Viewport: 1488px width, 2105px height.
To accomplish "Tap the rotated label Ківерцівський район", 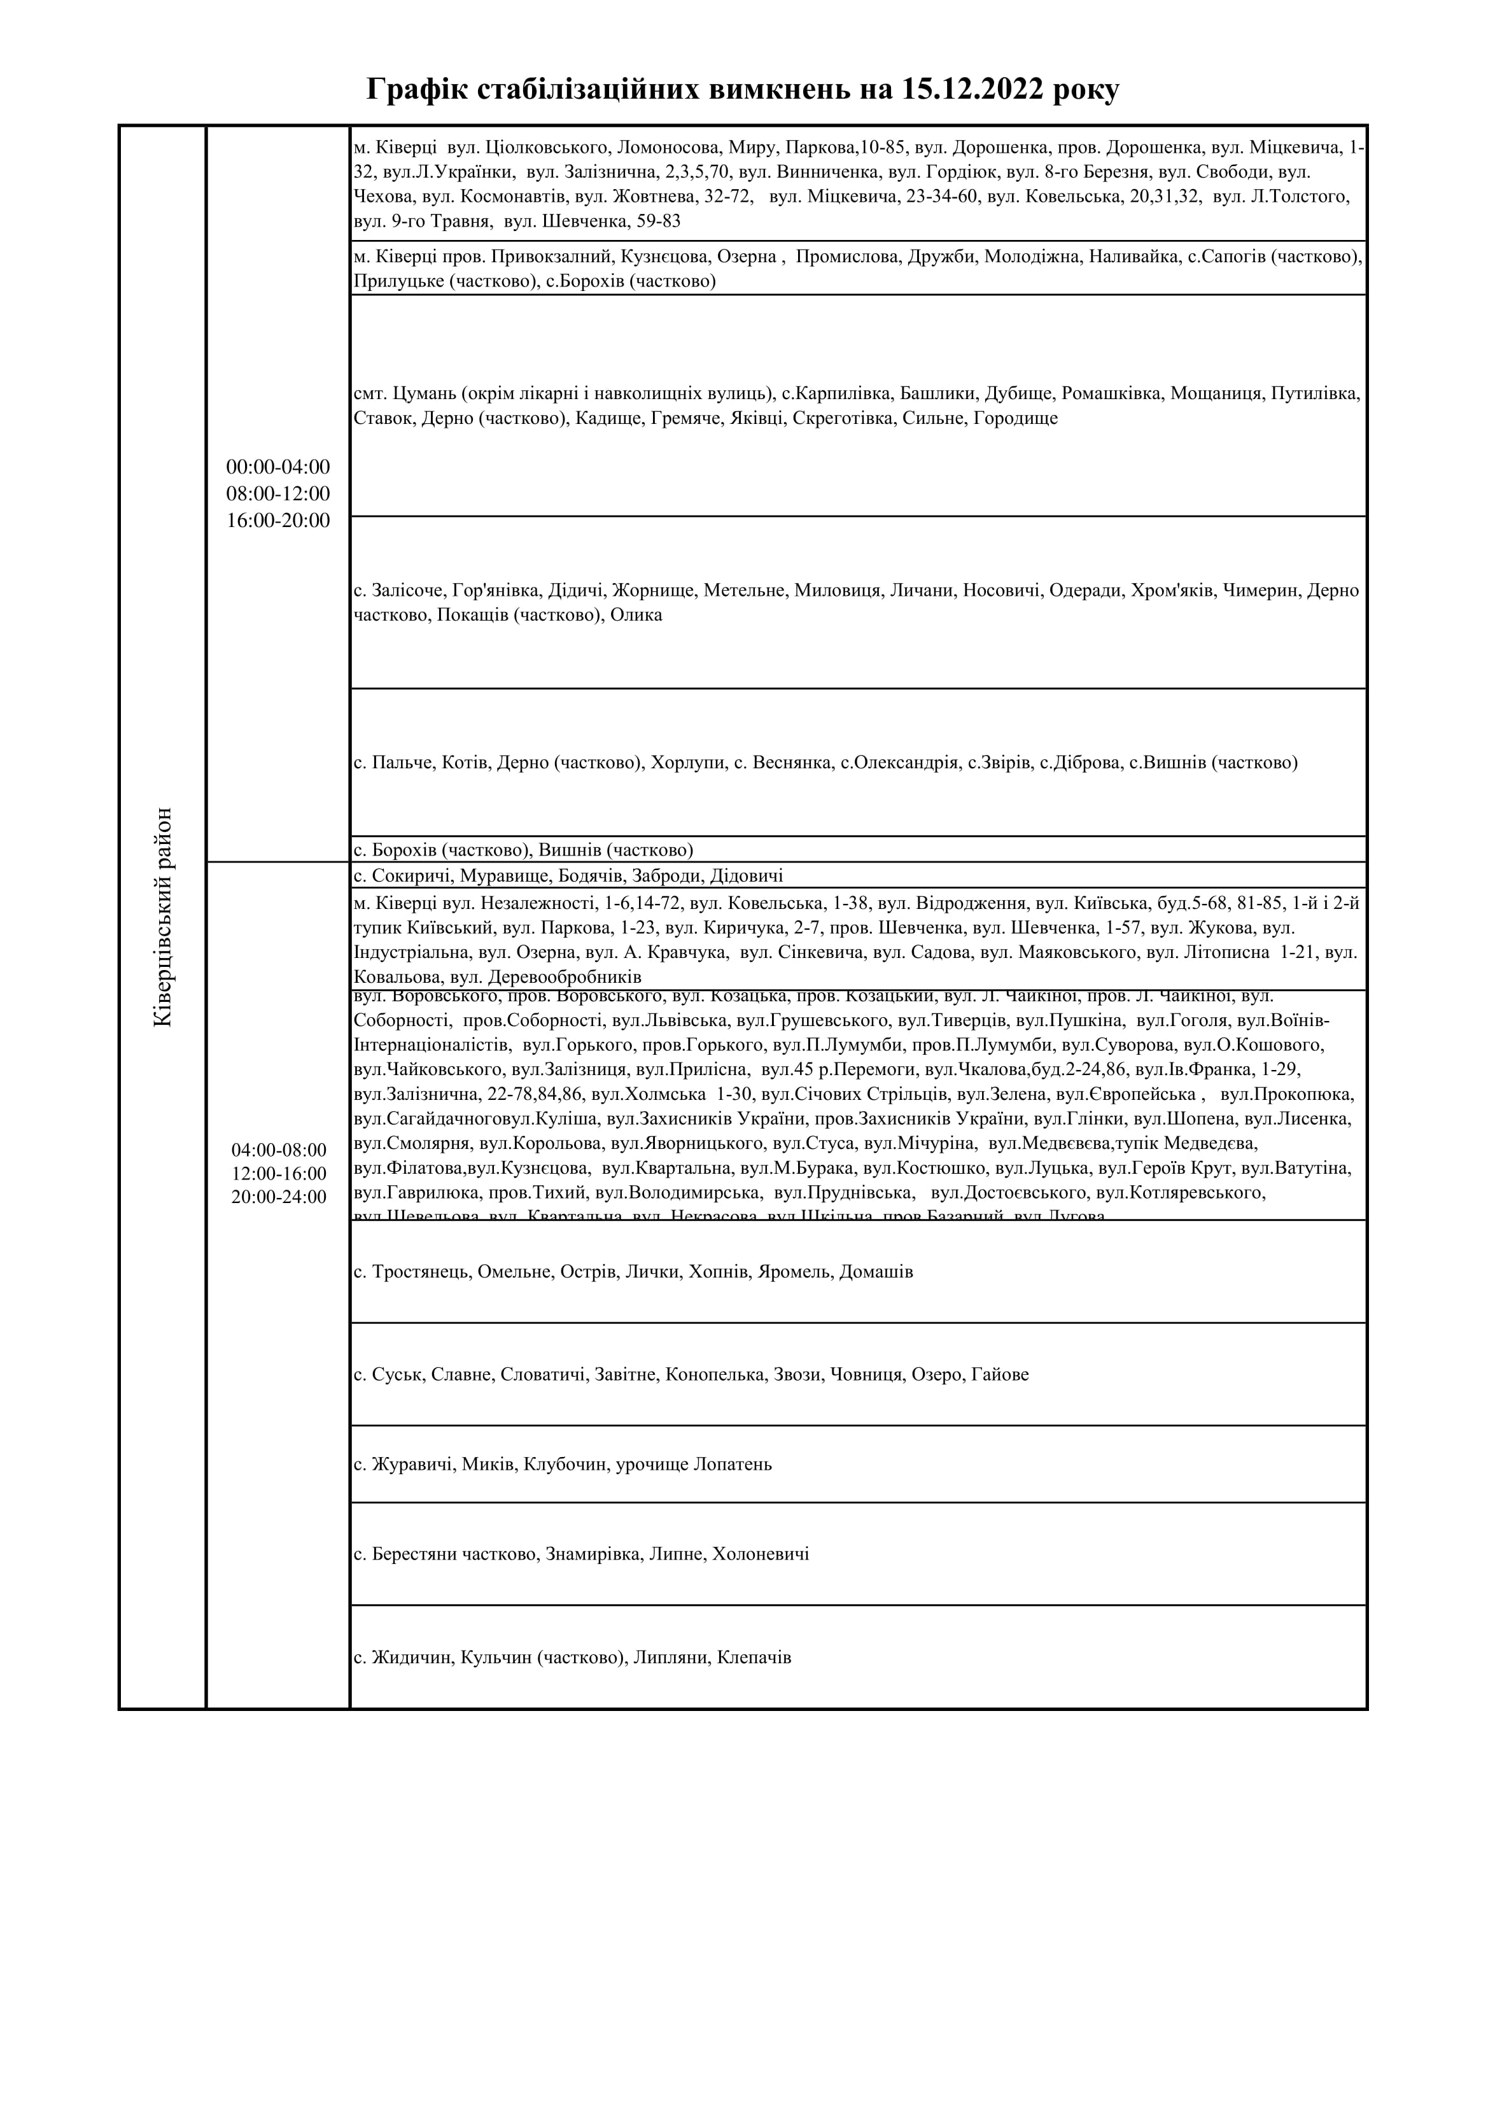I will [162, 917].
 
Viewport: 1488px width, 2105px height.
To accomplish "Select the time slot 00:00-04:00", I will [277, 467].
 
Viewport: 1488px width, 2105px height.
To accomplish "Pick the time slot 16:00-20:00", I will [277, 521].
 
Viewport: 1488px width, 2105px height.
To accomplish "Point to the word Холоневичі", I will [761, 1555].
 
